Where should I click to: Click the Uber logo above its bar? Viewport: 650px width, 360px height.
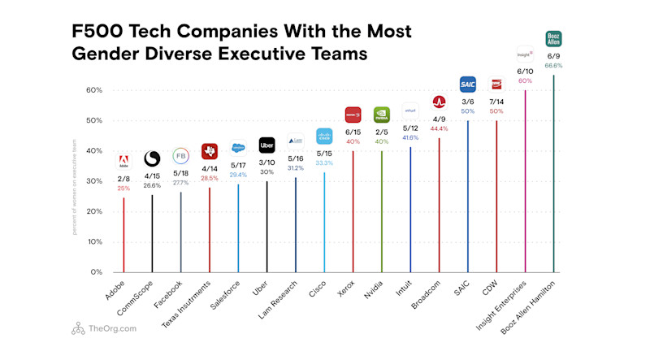pos(266,145)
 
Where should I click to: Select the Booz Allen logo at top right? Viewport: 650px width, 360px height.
pos(553,38)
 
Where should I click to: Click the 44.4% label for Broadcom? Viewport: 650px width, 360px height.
pos(439,129)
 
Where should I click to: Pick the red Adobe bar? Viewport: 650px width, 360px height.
pos(123,236)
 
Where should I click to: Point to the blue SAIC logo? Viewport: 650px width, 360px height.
pos(468,83)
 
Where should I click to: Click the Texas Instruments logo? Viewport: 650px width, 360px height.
pos(210,151)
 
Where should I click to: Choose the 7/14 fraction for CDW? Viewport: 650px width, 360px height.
pos(496,102)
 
